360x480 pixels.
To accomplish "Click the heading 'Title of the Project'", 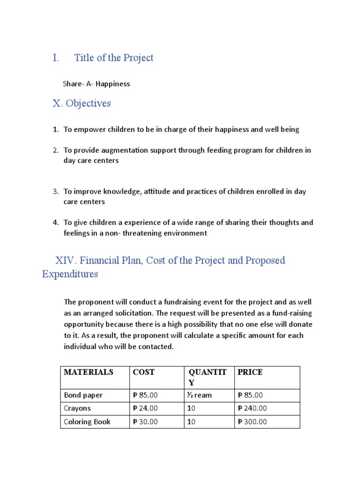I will click(x=113, y=58).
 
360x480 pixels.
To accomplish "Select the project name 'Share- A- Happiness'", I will click(x=96, y=84).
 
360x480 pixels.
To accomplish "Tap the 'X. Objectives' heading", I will click(x=82, y=103).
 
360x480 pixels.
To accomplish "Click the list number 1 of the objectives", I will click(x=55, y=129).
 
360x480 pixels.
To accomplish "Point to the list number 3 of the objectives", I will click(x=55, y=191).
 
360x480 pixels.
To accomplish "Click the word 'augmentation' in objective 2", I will click(x=118, y=150).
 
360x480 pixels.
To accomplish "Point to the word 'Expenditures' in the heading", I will click(x=70, y=274).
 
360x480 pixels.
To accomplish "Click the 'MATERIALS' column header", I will click(x=89, y=372).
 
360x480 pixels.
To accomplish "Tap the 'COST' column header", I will click(x=143, y=372).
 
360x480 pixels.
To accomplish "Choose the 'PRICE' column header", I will click(x=250, y=372).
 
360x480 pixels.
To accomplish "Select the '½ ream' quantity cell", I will click(x=200, y=395).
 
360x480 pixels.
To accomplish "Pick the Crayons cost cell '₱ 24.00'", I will click(x=145, y=408).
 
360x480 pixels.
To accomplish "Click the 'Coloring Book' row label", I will click(x=87, y=422).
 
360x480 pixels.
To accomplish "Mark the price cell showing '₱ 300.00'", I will click(x=252, y=422).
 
